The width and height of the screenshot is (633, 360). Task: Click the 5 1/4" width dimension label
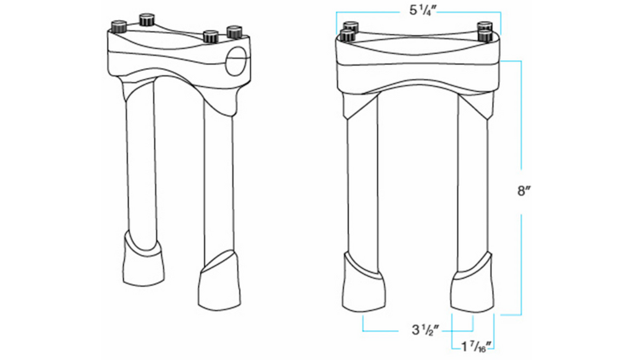[x=418, y=11]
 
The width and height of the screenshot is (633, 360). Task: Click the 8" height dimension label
[x=524, y=191]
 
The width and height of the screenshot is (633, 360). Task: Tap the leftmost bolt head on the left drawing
[x=118, y=27]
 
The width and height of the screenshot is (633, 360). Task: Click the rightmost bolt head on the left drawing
[x=234, y=30]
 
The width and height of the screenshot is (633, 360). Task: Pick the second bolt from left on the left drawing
[x=147, y=20]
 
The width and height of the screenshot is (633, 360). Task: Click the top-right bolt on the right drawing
[x=485, y=27]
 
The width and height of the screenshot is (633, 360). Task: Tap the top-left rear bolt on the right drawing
[x=351, y=26]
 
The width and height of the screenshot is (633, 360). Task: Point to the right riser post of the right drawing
[x=472, y=186]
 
